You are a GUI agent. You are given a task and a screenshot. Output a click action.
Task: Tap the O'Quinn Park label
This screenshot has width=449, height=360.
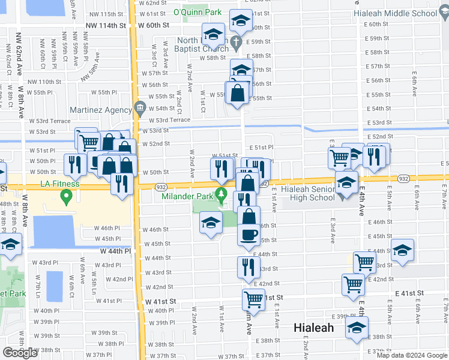(x=197, y=12)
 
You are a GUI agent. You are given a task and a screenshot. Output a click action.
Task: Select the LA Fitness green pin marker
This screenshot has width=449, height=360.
(x=67, y=196)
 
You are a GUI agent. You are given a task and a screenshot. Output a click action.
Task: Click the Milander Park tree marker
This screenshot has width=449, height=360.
(x=221, y=193)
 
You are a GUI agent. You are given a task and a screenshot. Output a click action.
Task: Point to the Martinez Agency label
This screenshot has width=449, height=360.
(x=101, y=110)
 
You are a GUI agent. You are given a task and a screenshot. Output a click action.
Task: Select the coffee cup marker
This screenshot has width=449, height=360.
(x=248, y=235)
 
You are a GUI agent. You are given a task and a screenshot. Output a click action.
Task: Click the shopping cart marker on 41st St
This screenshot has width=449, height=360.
(x=254, y=299)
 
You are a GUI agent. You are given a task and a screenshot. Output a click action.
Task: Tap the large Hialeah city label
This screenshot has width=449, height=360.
(x=313, y=328)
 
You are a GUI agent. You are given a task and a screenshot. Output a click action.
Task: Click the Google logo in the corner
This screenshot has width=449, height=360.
(x=20, y=353)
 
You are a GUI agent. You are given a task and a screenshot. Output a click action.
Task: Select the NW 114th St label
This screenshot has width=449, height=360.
(x=106, y=25)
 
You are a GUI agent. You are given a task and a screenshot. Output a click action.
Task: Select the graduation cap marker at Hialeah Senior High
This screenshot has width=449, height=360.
(x=346, y=181)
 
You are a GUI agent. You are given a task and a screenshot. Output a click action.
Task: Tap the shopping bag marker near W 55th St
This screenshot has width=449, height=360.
(x=238, y=93)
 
